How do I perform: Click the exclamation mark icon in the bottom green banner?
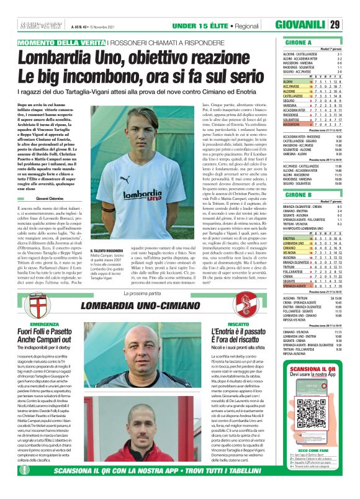click(25, 487)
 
